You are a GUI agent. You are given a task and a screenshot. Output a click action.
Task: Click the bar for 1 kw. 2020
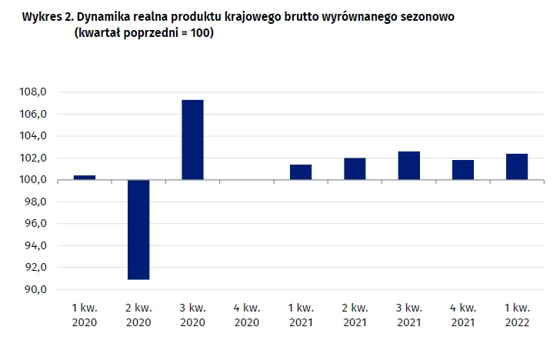(x=85, y=178)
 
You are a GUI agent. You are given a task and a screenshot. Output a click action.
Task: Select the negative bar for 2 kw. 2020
(x=138, y=229)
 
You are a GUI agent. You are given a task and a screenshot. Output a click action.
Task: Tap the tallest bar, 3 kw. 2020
(x=192, y=140)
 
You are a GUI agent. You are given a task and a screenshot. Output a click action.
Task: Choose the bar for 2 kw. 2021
(x=355, y=169)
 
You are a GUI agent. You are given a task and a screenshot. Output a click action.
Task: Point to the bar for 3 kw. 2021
(x=409, y=165)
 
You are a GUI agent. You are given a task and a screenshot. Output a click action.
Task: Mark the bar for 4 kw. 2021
(x=463, y=170)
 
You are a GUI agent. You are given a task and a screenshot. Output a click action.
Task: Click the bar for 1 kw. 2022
(x=517, y=167)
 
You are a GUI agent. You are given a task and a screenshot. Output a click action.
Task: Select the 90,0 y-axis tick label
(x=35, y=290)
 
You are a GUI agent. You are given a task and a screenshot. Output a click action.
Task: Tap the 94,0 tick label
(x=35, y=246)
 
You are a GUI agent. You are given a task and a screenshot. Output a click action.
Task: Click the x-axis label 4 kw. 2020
(x=247, y=315)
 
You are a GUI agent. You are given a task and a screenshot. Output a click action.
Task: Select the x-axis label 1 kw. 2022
(x=517, y=315)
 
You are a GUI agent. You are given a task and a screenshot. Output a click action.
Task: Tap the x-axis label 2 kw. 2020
(x=138, y=315)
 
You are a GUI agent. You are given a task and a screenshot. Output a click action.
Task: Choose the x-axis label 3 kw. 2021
(x=409, y=315)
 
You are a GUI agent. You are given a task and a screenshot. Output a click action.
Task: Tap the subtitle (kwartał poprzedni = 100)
(x=142, y=34)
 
